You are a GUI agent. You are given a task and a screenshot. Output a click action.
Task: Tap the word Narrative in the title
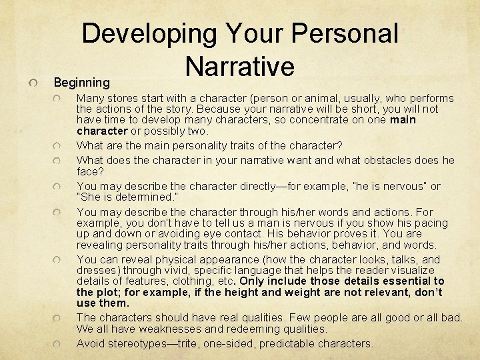(240, 65)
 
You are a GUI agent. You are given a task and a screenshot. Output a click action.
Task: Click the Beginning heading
(82, 83)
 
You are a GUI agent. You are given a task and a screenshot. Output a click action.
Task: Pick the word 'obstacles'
(385, 160)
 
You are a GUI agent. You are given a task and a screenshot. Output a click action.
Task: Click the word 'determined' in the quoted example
(141, 197)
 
